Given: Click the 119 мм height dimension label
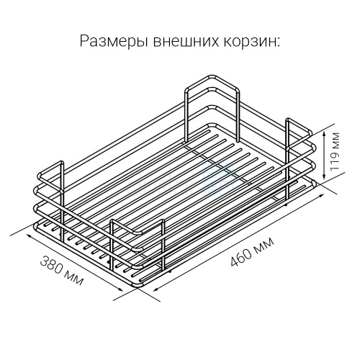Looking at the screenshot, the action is pos(335,151).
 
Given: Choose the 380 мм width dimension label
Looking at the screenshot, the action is pos(62,271).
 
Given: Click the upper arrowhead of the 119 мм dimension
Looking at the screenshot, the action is pos(324,134).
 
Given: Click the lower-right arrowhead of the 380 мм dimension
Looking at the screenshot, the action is pos(120,289).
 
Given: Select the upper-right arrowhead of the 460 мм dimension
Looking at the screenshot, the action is pos(322,196).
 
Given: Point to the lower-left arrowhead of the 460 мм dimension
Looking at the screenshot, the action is pos(156,289).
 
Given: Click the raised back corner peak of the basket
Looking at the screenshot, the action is pos(212,77).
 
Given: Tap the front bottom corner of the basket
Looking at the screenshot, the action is pos(139,285).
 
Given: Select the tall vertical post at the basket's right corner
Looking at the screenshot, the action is pos(287,160).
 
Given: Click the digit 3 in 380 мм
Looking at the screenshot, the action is pos(44,260).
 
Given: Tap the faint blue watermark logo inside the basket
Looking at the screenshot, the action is pos(217,179).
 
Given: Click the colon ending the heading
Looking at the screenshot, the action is pos(278,42).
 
